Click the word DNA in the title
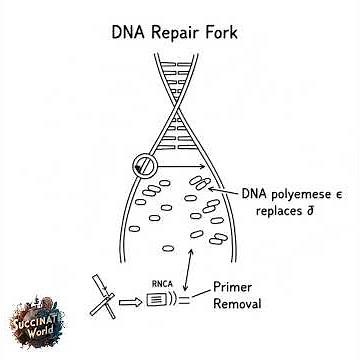click(124, 29)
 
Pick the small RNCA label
click(162, 284)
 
